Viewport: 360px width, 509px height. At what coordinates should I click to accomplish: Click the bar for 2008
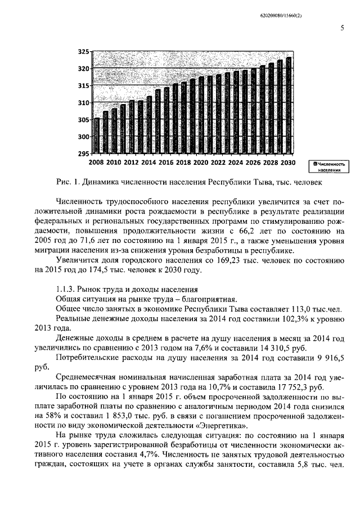tap(97, 136)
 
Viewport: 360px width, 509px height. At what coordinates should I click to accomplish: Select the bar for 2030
tap(289, 105)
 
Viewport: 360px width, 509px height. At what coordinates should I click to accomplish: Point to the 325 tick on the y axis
tap(83, 52)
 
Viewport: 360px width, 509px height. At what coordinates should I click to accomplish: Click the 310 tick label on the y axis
tap(83, 103)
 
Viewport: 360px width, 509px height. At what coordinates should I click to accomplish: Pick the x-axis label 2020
tap(201, 163)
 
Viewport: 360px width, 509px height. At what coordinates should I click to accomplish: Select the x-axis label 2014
tap(148, 163)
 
